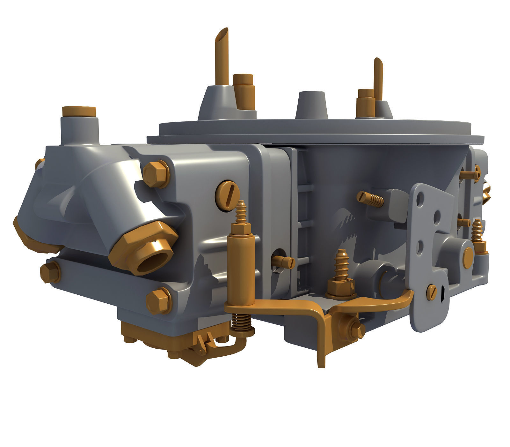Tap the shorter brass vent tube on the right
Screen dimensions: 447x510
click(378, 77)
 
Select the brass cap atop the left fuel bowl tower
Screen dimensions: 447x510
click(79, 111)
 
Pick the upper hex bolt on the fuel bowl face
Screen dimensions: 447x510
click(156, 174)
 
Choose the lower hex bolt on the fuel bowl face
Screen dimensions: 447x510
click(158, 300)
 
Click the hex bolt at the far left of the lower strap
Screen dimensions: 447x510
click(50, 272)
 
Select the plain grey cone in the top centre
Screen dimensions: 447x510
click(311, 106)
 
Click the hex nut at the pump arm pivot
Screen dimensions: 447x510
click(355, 328)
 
